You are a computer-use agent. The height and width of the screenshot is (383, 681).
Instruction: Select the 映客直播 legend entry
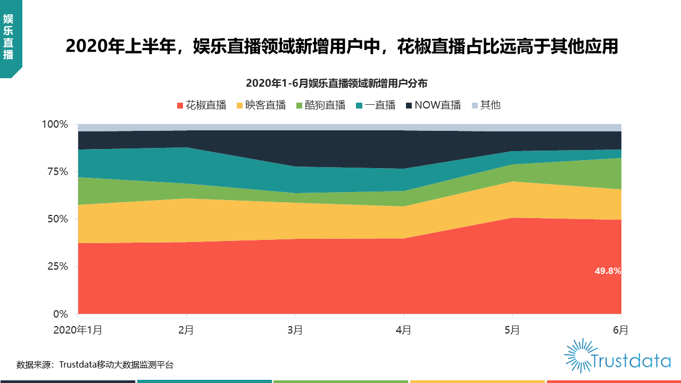261,105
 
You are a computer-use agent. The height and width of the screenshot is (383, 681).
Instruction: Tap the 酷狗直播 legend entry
320,105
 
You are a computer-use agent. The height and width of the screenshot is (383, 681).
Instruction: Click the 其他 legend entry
486,105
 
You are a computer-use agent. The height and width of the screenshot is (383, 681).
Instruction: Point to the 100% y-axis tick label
55,124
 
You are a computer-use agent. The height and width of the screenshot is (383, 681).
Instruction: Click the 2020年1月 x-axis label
78,330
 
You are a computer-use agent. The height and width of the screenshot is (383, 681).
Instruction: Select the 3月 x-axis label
295,330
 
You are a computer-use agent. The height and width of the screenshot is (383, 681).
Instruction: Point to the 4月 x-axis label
403,330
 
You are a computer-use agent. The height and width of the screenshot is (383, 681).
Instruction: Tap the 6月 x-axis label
620,330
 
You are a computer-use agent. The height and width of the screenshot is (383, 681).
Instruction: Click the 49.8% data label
608,271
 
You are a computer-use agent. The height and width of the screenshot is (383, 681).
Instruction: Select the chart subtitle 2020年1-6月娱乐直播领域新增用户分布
336,84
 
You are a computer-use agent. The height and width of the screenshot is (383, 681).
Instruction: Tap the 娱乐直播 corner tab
9,37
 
